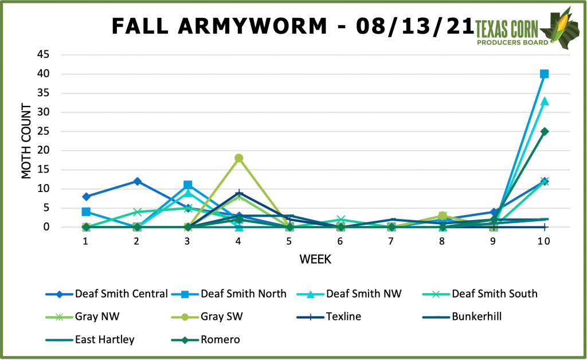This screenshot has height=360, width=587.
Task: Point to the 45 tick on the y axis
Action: tap(44, 55)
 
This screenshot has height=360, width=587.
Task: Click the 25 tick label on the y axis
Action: tap(44, 131)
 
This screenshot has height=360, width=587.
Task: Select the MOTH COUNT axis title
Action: tap(27, 141)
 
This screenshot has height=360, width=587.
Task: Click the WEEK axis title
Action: tap(315, 260)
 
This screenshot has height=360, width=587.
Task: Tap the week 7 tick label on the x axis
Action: tap(392, 241)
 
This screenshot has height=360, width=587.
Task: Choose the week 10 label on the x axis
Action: tap(544, 241)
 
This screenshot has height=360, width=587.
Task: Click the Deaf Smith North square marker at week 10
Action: tap(544, 74)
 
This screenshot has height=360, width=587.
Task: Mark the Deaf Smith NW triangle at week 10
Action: tap(544, 101)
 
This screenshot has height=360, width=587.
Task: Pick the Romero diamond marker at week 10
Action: tap(544, 131)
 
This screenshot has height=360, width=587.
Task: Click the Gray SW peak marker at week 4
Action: tap(238, 158)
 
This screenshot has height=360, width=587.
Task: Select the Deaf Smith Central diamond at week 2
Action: tap(137, 181)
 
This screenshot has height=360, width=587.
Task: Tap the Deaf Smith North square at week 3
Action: tap(187, 185)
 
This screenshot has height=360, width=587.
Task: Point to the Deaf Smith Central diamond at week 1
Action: tap(86, 197)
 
